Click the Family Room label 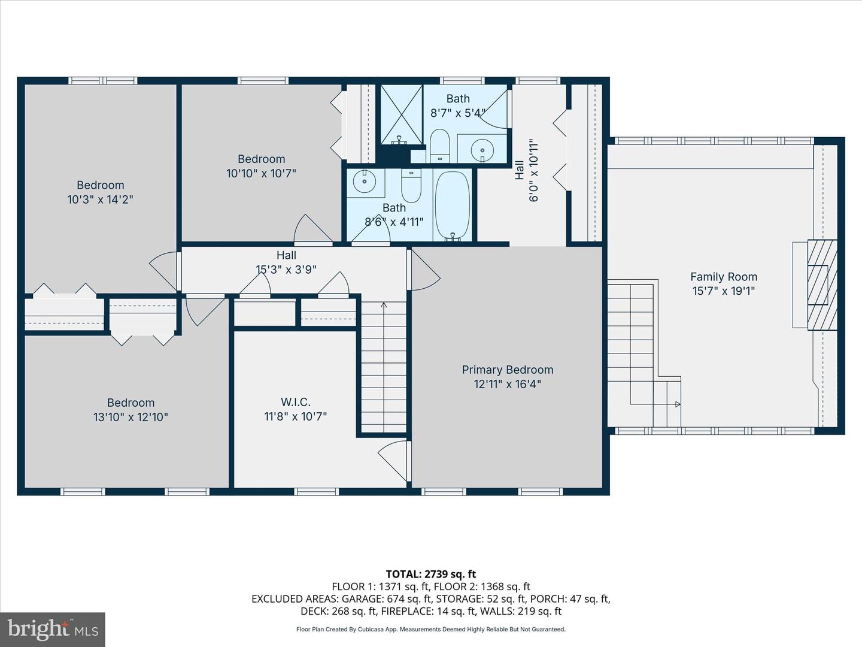click(x=724, y=277)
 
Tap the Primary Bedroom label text click(x=508, y=370)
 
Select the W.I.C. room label click(x=296, y=402)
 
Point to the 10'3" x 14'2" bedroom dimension click(x=100, y=199)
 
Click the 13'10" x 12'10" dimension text click(x=130, y=417)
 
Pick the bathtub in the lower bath click(x=453, y=205)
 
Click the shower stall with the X click(x=401, y=114)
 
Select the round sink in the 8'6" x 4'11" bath click(x=365, y=181)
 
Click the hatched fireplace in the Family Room click(x=822, y=285)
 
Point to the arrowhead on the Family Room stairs click(x=678, y=404)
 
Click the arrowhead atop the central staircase click(x=384, y=305)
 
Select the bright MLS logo click(x=53, y=629)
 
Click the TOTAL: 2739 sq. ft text click(x=431, y=574)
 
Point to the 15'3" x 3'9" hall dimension click(x=286, y=270)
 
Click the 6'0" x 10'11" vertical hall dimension click(x=533, y=170)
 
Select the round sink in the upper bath click(x=482, y=150)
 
